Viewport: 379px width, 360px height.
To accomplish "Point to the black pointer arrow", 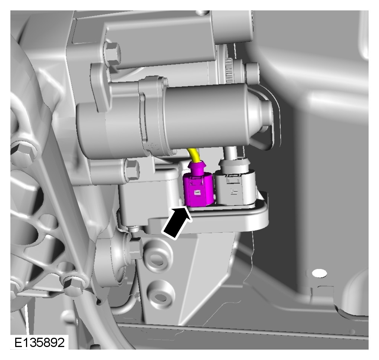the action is click(177, 222).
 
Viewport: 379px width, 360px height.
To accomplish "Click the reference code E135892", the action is click(40, 342).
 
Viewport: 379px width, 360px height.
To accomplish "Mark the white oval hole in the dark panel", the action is click(319, 273).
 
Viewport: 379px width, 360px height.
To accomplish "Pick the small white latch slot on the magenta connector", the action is click(198, 193).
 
